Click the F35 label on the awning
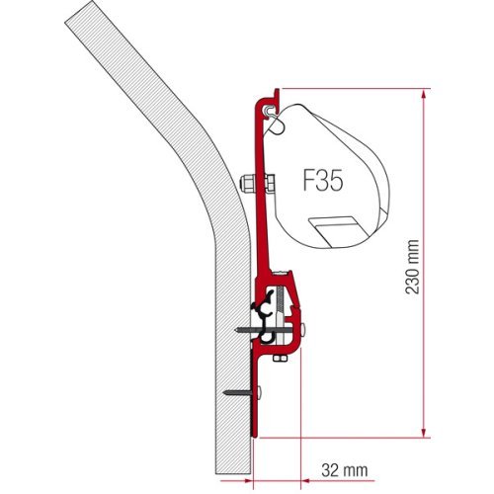click(322, 183)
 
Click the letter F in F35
click(307, 183)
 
